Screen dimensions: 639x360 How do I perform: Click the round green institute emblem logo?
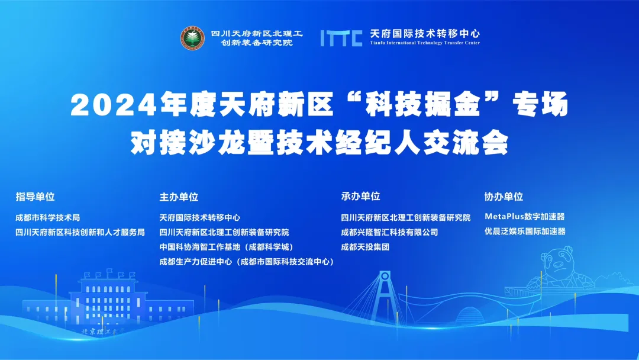coord(193,38)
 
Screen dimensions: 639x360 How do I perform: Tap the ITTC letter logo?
coord(341,38)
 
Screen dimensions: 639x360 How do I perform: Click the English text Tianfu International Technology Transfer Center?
coord(425,43)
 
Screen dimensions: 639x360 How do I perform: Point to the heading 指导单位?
coord(35,197)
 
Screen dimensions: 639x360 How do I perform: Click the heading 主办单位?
coord(179,197)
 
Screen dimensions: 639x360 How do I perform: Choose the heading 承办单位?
coord(361,197)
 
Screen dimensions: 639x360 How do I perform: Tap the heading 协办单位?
coord(504,197)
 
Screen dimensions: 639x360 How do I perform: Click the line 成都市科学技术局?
coord(48,218)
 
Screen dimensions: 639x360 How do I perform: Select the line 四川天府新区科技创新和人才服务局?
coord(80,232)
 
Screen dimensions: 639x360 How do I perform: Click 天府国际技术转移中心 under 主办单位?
coord(200,218)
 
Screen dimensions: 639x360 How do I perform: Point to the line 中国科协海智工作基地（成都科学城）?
coord(227,247)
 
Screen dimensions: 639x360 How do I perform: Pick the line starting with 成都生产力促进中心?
coord(247,262)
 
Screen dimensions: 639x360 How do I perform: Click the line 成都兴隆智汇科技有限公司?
coord(389,232)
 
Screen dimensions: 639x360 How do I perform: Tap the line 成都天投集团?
coord(365,247)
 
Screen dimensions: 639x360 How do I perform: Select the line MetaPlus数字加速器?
coord(524,217)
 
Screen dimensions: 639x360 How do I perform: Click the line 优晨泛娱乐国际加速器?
coord(525,231)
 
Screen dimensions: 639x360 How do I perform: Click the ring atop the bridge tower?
coord(385,276)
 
